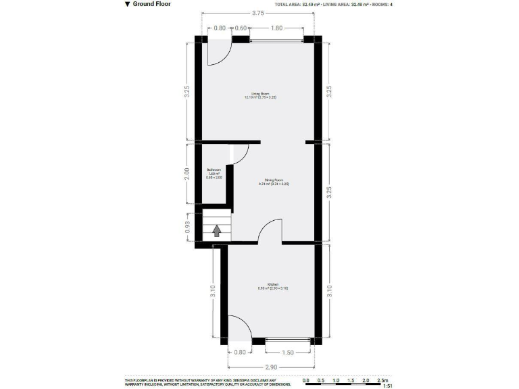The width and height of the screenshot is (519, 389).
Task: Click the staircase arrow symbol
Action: click(x=217, y=230)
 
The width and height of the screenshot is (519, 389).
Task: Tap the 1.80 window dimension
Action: click(x=276, y=28)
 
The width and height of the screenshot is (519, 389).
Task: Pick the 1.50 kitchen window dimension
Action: click(x=288, y=352)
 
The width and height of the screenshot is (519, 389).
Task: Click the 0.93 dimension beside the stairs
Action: click(x=187, y=227)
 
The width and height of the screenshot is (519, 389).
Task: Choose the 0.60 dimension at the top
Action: click(x=240, y=28)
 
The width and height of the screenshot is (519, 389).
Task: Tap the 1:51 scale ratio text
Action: click(x=388, y=386)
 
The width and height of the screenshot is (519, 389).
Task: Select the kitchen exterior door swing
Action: click(x=240, y=328)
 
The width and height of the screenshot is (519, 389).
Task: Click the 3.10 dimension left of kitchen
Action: click(x=212, y=292)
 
